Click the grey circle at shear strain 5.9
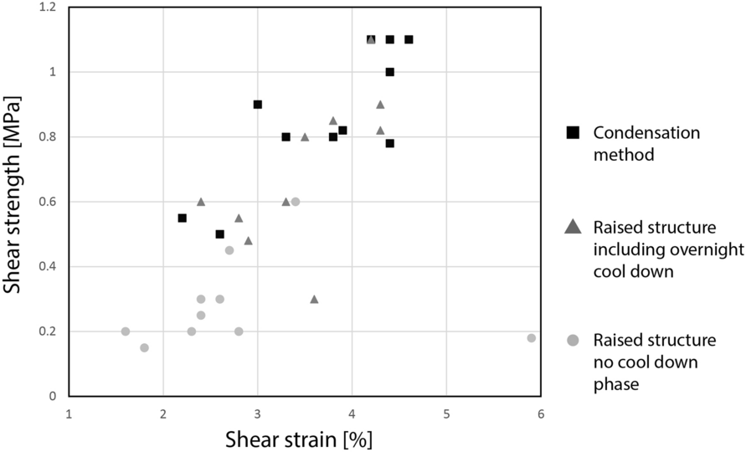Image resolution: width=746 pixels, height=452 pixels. coord(532,338)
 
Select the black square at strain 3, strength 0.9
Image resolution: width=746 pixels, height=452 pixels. coord(258,105)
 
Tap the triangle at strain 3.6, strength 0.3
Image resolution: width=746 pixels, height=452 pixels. coord(314,299)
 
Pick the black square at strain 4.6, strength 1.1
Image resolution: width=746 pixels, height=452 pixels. coord(409,39)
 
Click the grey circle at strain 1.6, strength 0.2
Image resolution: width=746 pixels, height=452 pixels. coord(126,331)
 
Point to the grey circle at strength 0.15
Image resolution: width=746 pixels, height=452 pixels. coord(144,347)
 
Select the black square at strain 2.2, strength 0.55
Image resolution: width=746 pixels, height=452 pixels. coord(182,218)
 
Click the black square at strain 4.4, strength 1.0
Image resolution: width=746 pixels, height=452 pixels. coord(390,72)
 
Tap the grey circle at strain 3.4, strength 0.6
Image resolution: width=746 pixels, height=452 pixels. coord(296,202)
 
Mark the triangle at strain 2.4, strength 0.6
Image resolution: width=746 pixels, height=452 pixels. coord(201,202)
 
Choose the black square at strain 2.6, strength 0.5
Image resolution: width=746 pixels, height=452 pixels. coord(219,234)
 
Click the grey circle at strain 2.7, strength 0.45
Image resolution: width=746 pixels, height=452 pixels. coord(229,250)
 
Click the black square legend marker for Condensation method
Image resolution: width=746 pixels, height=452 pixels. coord(574,132)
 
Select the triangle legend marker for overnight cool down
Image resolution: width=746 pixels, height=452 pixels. coord(574,226)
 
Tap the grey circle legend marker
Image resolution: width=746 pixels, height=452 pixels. coord(574,340)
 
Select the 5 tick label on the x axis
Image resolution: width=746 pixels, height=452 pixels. coord(446,413)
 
